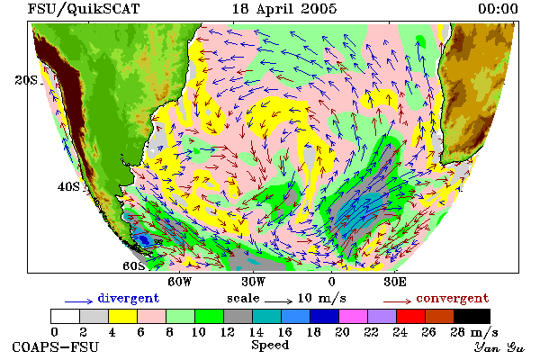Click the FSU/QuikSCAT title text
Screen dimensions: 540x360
coord(84,9)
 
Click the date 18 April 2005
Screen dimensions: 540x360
coord(284,9)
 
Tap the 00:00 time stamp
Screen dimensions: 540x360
coord(498,9)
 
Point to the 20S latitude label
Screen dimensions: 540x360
coord(26,80)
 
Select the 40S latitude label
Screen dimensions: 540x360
coord(68,186)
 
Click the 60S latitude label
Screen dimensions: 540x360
coord(134,266)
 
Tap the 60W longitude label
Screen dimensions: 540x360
coord(179,282)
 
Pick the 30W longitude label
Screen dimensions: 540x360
coord(254,282)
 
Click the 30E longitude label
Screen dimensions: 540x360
coord(395,282)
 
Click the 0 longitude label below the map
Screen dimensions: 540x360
coord(331,282)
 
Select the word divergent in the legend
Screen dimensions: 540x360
coord(129,298)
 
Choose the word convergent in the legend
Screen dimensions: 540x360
coord(453,298)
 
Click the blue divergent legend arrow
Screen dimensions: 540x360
coord(79,301)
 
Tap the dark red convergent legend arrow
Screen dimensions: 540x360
coord(397,301)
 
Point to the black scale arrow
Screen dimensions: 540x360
coord(279,301)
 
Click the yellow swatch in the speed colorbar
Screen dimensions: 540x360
coord(123,316)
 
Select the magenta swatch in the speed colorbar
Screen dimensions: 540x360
coord(354,316)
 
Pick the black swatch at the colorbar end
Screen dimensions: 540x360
coord(472,316)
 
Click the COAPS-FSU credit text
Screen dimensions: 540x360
coord(56,347)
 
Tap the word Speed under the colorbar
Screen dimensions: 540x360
coord(270,346)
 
